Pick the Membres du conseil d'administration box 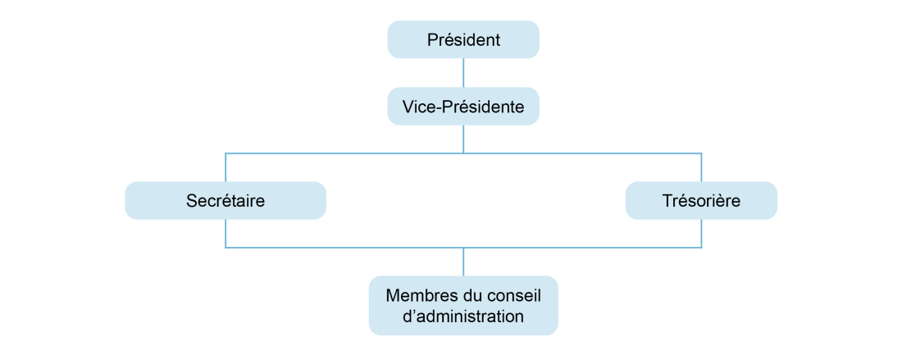click(462, 306)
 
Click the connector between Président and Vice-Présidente click(463, 73)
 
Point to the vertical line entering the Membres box click(463, 262)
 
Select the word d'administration click(463, 317)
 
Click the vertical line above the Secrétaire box click(225, 167)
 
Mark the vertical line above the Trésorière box click(701, 167)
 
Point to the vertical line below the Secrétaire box click(225, 234)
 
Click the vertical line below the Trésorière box click(701, 234)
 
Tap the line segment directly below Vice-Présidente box click(463, 139)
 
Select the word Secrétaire click(225, 200)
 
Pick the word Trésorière click(701, 200)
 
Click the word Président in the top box click(463, 39)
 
